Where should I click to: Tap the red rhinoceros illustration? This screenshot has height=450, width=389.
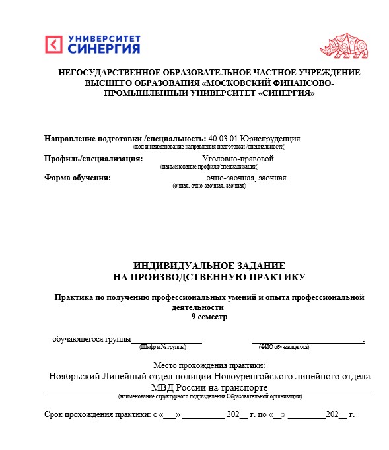pos(342,44)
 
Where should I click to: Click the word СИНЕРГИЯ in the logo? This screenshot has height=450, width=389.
pos(104,49)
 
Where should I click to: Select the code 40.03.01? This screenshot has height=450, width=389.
pos(223,139)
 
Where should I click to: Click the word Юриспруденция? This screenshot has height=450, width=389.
pos(270,139)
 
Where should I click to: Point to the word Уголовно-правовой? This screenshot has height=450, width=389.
pos(238,159)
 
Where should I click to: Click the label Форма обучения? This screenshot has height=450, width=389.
pos(77,178)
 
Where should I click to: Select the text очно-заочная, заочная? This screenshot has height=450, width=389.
pos(246,178)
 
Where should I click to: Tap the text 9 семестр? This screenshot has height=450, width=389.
pos(209,317)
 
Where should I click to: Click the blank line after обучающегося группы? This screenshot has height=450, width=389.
pos(166,339)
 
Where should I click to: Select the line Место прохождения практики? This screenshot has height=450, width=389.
pos(209,365)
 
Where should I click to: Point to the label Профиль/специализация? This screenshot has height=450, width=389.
pos(94,159)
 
